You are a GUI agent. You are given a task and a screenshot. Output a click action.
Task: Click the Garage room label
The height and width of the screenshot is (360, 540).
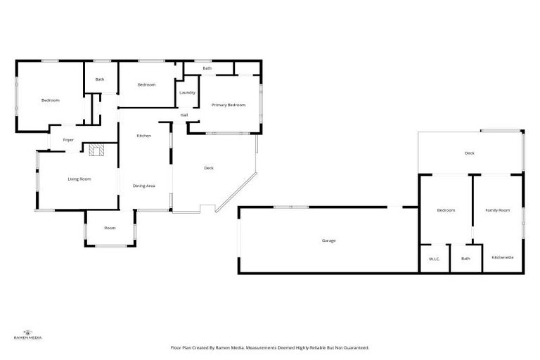point(328,240)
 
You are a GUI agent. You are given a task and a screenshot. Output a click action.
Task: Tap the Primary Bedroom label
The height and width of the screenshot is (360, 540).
point(229,105)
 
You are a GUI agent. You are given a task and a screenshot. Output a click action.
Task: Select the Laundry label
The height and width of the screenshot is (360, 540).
point(187,93)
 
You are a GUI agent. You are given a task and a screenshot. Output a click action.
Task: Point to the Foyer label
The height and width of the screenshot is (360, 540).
point(68,140)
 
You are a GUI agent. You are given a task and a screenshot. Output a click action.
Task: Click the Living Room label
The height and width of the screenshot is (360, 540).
point(79,179)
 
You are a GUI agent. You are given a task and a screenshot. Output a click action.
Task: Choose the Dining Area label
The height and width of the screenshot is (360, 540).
point(143,186)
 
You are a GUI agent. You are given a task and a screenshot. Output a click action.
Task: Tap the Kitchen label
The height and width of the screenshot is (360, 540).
point(143,136)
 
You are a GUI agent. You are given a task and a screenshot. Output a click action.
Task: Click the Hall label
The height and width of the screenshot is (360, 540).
point(184,115)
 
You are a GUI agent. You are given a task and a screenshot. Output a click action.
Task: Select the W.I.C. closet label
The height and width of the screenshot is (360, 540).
point(434,259)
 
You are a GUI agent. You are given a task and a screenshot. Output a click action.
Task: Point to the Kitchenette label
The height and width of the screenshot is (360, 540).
point(502,257)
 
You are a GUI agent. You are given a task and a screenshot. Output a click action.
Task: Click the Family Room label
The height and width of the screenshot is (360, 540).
point(497,210)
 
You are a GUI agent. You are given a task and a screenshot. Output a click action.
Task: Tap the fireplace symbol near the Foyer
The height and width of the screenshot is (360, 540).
point(96,149)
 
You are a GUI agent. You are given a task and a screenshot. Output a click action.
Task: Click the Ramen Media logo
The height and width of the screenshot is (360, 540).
point(28,335)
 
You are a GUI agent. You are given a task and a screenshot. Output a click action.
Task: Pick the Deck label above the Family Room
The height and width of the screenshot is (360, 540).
point(469,153)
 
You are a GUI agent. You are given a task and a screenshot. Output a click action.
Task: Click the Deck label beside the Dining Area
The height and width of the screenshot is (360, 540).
point(209,168)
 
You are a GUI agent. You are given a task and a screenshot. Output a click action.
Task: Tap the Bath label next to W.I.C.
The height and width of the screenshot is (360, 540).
point(465,259)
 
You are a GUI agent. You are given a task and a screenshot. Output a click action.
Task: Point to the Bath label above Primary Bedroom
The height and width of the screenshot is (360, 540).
point(207,68)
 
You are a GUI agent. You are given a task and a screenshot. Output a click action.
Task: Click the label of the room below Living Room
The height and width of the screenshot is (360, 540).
point(110,228)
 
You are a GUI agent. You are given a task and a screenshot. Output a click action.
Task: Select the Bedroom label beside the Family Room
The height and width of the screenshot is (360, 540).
point(446,210)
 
